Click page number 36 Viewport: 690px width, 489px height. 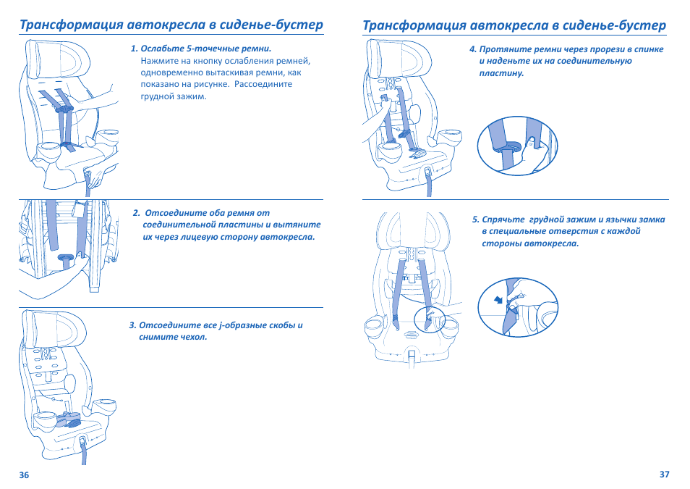pos(24,475)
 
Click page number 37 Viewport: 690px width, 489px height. pos(665,475)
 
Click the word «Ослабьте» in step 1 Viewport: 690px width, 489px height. pos(162,49)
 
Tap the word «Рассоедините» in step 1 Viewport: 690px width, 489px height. pos(263,84)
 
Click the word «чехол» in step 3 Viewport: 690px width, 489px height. pos(192,338)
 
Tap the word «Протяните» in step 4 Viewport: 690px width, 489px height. pos(501,49)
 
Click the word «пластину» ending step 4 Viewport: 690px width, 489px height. pos(501,73)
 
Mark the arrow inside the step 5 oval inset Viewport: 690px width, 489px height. pos(498,300)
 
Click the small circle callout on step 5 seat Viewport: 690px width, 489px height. pos(430,317)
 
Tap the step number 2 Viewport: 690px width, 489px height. pos(136,213)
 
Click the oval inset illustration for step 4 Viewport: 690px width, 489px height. pos(518,146)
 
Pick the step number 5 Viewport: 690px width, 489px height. pos(476,220)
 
